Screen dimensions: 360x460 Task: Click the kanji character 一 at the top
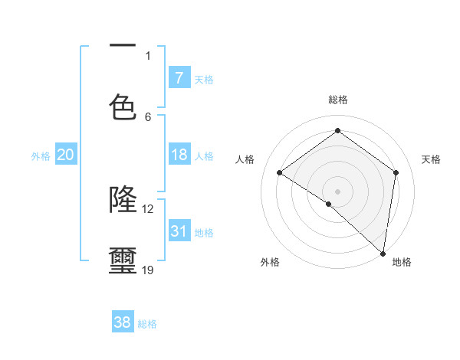(123, 46)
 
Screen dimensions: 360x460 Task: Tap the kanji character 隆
(123, 199)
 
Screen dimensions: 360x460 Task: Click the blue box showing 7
(179, 78)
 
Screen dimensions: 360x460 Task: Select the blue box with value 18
(179, 155)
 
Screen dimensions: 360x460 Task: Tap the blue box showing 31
(179, 231)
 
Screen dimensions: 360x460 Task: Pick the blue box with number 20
(65, 155)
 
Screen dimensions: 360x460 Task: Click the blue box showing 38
(123, 322)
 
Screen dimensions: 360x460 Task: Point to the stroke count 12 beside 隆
(148, 208)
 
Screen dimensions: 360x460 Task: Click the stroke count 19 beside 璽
(148, 270)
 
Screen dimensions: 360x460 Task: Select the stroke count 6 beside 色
(148, 116)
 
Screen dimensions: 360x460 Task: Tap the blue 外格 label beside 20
(41, 156)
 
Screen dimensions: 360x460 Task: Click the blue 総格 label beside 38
(147, 324)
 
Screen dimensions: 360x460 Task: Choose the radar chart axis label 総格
(338, 100)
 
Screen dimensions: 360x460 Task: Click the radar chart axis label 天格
(431, 159)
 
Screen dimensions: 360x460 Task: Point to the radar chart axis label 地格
(402, 263)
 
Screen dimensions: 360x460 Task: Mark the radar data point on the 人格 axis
(280, 172)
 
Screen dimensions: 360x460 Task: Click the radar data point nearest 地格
(383, 253)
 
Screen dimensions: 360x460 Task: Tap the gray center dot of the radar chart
(337, 191)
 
